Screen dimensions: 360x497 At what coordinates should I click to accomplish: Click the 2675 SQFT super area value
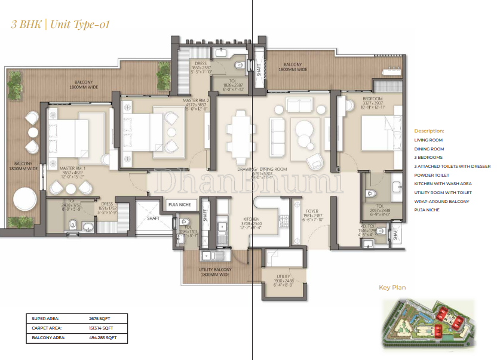pos(100,319)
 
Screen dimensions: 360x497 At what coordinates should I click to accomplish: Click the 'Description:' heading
pos(429,130)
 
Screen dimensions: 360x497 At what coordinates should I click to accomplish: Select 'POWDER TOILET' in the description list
pos(432,175)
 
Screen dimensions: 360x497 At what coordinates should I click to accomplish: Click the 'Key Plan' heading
pos(392,288)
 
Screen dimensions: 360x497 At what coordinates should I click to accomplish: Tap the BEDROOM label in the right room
pos(372,99)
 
